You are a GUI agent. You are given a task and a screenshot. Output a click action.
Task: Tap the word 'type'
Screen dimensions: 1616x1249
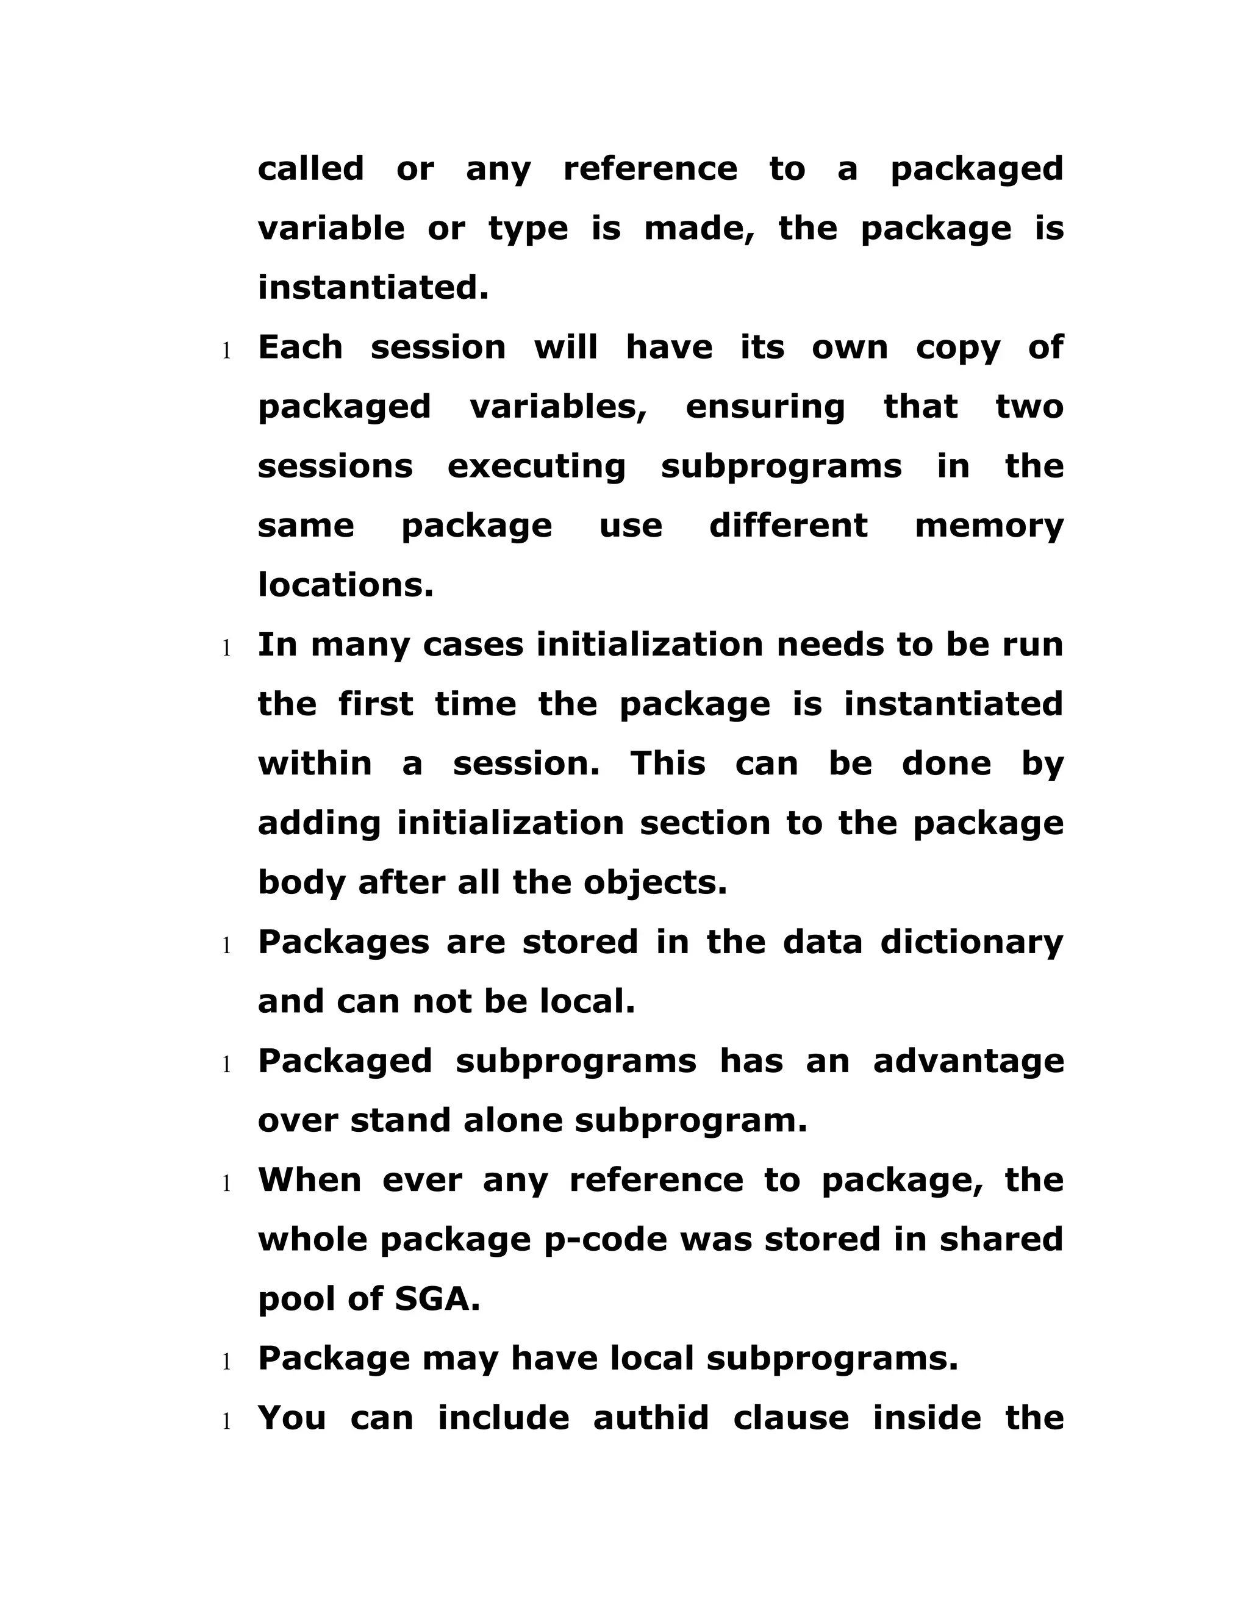click(528, 229)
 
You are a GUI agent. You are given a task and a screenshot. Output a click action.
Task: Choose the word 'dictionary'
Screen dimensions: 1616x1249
click(972, 943)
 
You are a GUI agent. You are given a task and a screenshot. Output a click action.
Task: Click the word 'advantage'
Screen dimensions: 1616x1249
click(968, 1062)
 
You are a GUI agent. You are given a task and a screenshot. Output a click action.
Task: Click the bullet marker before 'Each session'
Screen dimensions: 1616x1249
click(227, 351)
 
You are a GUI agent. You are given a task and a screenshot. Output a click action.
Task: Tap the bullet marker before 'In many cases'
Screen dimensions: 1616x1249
click(227, 648)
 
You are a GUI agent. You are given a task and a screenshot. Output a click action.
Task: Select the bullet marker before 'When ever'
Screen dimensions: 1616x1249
click(227, 1184)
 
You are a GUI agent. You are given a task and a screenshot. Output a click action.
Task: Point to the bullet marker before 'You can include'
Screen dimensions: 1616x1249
click(227, 1421)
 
